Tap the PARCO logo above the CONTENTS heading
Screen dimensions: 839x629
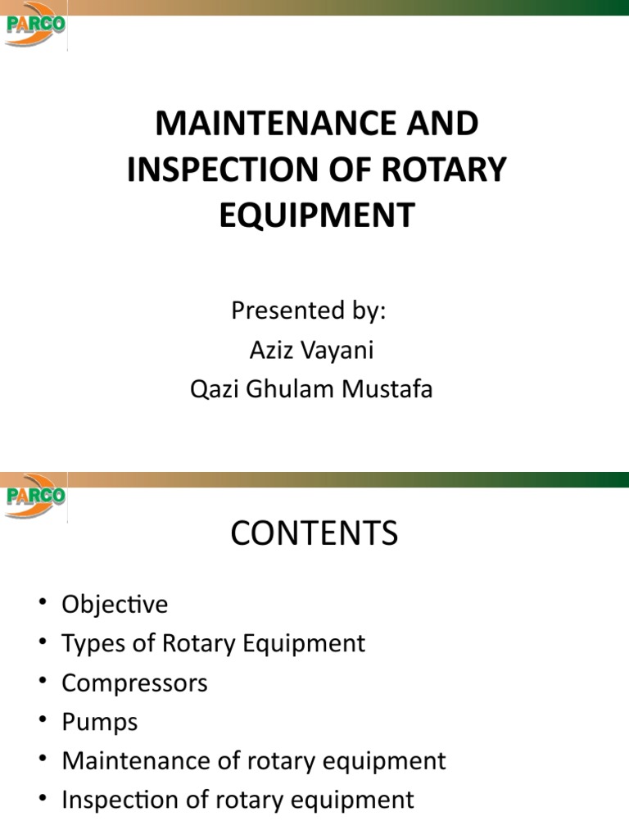(x=35, y=495)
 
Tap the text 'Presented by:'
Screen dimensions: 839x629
(x=309, y=311)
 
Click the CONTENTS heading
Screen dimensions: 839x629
(x=314, y=534)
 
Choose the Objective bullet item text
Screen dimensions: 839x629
(x=115, y=605)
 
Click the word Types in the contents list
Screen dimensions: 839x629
(x=87, y=643)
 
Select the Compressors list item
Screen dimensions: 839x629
(x=135, y=683)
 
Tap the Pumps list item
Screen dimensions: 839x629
(x=100, y=722)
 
